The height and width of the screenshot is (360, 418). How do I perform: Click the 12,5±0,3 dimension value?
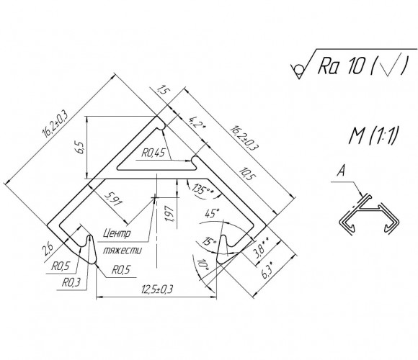point(157,289)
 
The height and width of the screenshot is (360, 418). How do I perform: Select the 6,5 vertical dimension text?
point(80,147)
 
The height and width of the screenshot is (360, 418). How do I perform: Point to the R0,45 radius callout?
point(154,153)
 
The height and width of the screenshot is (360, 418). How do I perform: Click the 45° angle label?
point(212,213)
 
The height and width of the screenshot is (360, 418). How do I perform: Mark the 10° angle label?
point(203,266)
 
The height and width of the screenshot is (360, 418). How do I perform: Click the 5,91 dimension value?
point(113,199)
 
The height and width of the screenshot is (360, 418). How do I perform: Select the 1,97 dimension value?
point(170,214)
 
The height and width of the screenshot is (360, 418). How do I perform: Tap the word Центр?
point(117,233)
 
